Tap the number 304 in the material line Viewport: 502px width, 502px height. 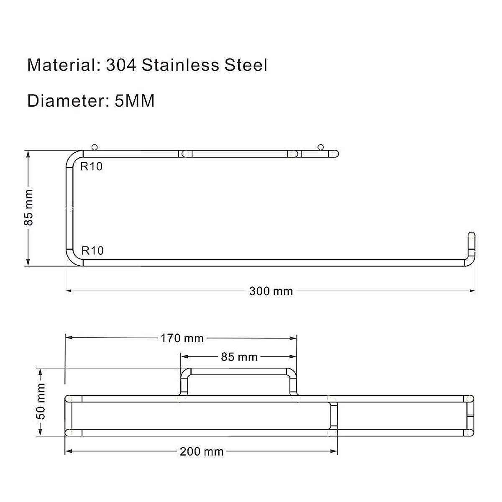coord(121,66)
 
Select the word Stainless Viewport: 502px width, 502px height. coord(180,66)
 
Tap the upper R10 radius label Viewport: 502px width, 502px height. coord(92,166)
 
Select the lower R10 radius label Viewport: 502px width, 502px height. coord(92,251)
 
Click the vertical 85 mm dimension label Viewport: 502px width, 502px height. coord(28,208)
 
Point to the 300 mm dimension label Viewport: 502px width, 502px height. coord(271,291)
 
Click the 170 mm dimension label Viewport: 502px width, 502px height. coord(182,338)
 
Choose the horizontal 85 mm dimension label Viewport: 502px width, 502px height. coord(239,357)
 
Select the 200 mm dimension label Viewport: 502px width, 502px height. coord(202,452)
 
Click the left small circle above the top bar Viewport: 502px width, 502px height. coord(95,147)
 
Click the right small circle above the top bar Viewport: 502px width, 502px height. coord(321,147)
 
